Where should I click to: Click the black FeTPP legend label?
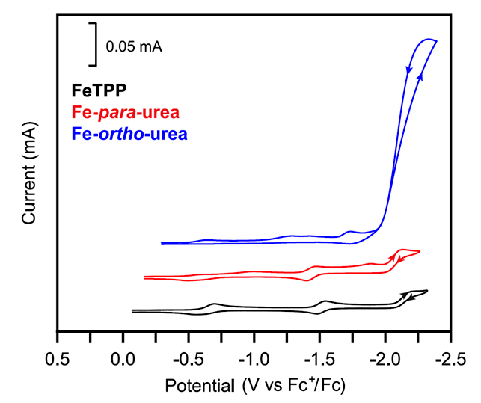(99, 91)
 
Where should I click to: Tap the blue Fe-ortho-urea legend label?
(129, 135)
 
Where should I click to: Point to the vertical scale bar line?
(96, 44)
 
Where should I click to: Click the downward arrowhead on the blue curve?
(409, 71)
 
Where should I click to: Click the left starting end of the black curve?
(132, 310)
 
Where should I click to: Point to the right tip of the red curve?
(420, 252)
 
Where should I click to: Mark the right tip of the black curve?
(427, 291)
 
